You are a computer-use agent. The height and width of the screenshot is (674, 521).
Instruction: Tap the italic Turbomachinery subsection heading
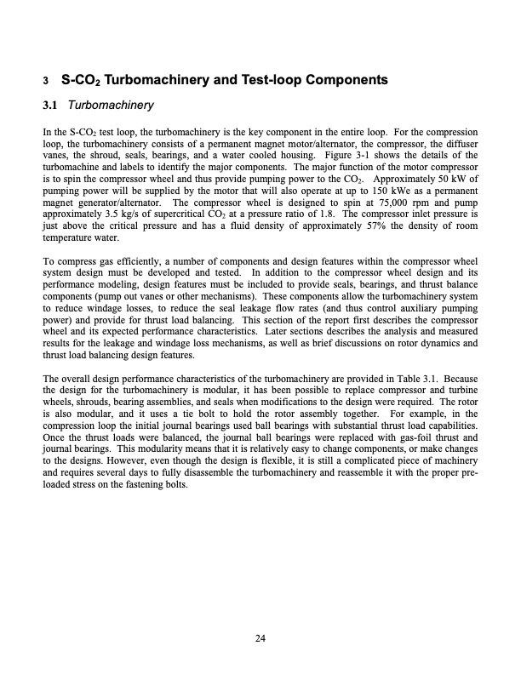[x=111, y=106]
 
